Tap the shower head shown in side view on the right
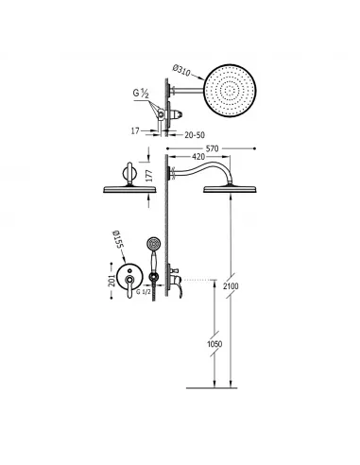228,189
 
